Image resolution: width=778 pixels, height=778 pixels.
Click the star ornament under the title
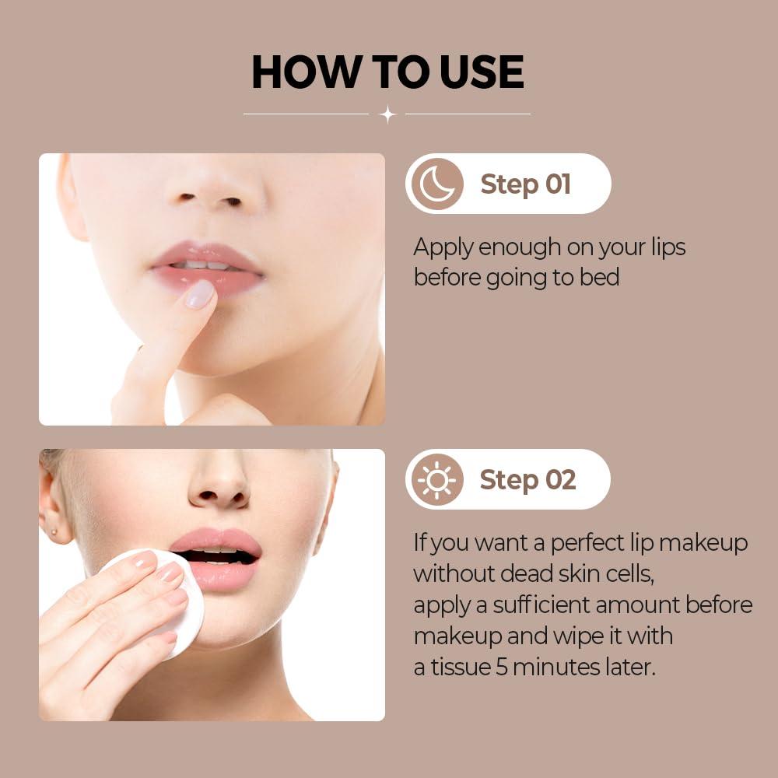coord(387,114)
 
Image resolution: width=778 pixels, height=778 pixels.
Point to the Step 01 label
coord(526,184)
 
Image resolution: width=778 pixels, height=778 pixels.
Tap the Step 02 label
coord(527,480)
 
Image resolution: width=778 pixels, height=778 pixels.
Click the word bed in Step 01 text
coord(599,278)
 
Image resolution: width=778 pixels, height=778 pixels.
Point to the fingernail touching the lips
coord(200,294)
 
